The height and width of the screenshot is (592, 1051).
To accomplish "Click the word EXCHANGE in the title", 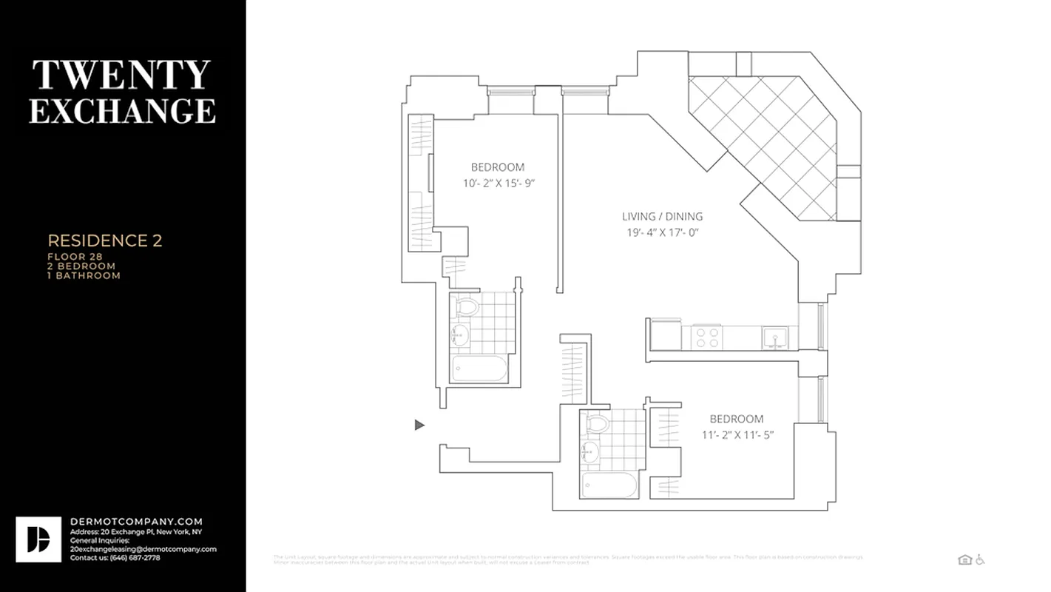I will point(122,110).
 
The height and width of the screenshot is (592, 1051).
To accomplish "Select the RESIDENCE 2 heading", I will point(105,240).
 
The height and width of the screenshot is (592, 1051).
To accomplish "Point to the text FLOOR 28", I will point(75,257).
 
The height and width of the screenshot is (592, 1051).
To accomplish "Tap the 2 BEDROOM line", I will point(81,266).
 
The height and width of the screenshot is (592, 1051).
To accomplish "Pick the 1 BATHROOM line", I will point(84,275).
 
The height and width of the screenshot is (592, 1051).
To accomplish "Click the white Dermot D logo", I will point(38,539).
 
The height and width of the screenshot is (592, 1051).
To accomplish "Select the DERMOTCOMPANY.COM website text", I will point(136,522).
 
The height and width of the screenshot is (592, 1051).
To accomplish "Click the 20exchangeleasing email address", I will point(143,549).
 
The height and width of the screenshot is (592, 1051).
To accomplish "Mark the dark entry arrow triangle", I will point(419,425).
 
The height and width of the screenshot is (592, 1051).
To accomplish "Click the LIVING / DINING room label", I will point(662,217).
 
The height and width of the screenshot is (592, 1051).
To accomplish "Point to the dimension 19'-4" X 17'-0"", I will point(662,232).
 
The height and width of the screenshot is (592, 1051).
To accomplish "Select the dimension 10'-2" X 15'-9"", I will point(498,183).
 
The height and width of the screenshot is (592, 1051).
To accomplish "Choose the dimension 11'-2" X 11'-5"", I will point(737,435).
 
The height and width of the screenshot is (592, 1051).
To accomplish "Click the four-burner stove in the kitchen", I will point(706,338).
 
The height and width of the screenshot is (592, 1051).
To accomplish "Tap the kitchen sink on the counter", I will point(775,338).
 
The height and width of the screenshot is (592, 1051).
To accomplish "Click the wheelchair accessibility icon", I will point(980,559).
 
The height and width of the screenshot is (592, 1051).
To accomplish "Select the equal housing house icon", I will point(964,559).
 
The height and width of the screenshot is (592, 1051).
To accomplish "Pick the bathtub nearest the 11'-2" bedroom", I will point(609,486).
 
